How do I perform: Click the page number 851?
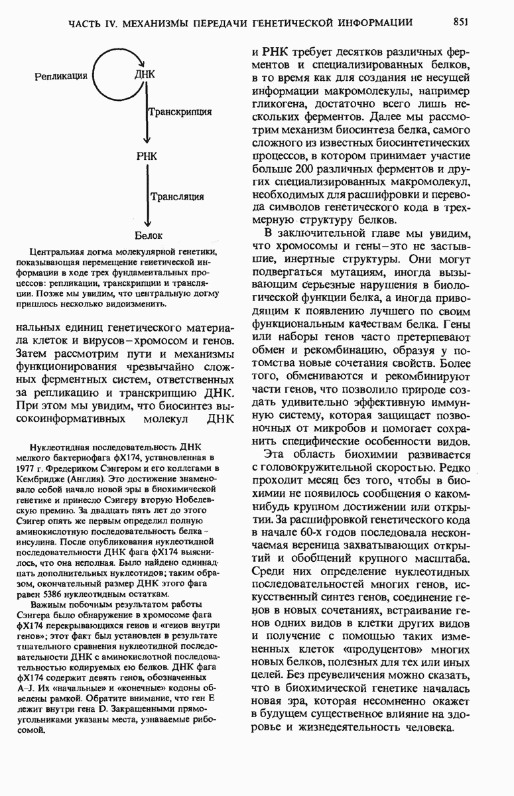(x=462, y=22)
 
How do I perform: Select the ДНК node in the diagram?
(x=145, y=74)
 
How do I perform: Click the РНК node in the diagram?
(x=146, y=157)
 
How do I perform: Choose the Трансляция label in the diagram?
(x=177, y=196)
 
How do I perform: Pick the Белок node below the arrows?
(x=149, y=235)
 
